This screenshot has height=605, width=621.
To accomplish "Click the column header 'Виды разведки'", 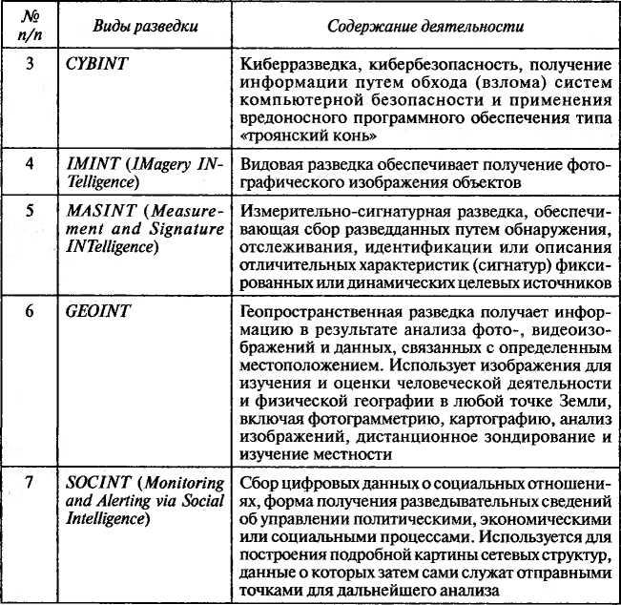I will (146, 26).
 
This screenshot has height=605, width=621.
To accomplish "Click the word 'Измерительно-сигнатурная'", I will (333, 209).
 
